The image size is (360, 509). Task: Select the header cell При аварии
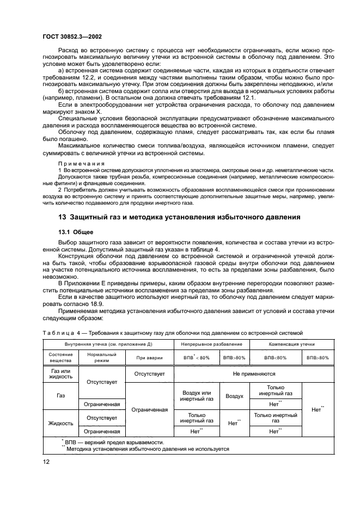[x=149, y=358]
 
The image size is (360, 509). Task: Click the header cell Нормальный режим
[x=102, y=358]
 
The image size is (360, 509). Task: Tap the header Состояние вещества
[x=60, y=358]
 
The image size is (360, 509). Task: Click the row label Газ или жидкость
[x=60, y=374]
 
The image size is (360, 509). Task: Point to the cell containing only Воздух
[x=234, y=396]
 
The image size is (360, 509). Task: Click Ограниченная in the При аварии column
[x=149, y=409]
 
